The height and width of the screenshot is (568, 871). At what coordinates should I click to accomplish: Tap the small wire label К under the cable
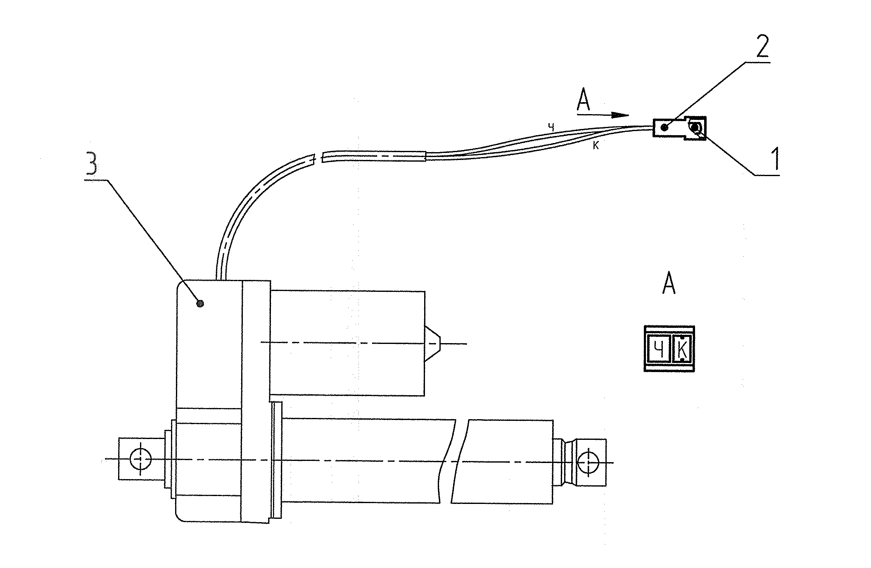coord(596,146)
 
